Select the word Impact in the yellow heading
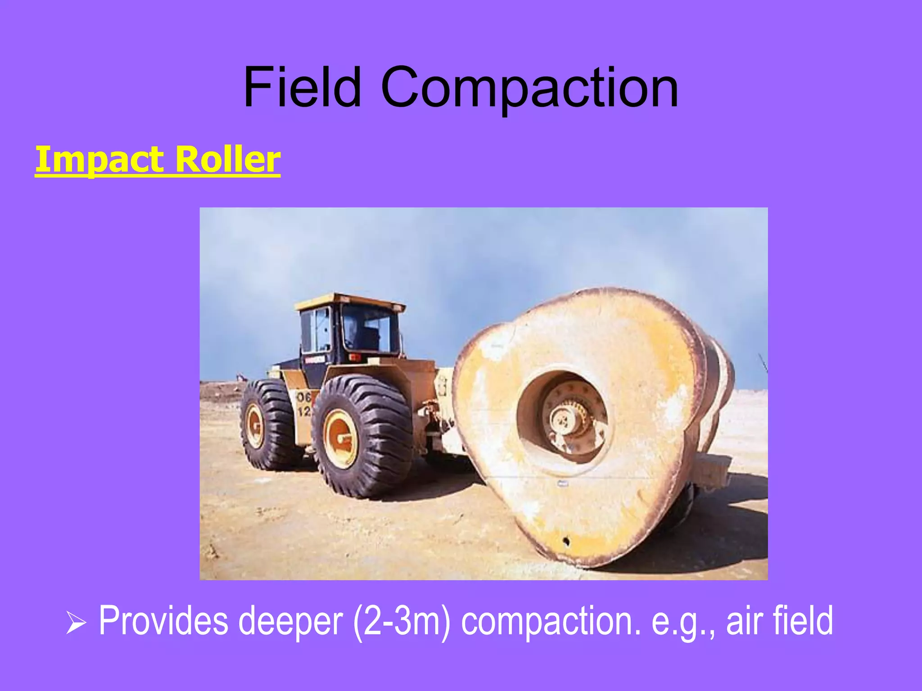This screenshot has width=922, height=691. pyautogui.click(x=99, y=159)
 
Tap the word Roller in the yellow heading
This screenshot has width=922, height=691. pyautogui.click(x=227, y=159)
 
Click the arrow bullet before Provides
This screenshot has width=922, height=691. pyautogui.click(x=76, y=625)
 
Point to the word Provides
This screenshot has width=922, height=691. pyautogui.click(x=163, y=621)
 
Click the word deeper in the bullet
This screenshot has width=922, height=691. pyautogui.click(x=290, y=621)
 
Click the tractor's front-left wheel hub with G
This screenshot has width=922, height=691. pyautogui.click(x=255, y=426)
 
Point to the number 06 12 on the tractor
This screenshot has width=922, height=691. pyautogui.click(x=304, y=404)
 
